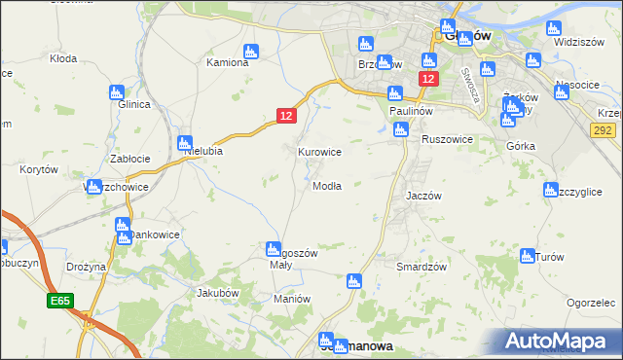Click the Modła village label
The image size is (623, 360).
327,186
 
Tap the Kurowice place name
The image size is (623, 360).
318,152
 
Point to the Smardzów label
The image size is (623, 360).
421,267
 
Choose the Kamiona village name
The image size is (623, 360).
231,62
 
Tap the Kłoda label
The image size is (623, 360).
63,58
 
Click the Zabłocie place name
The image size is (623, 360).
129,159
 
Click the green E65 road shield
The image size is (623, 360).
58,303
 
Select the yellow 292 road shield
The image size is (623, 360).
603,129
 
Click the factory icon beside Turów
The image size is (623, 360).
528,256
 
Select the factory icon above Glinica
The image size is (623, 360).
117,93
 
